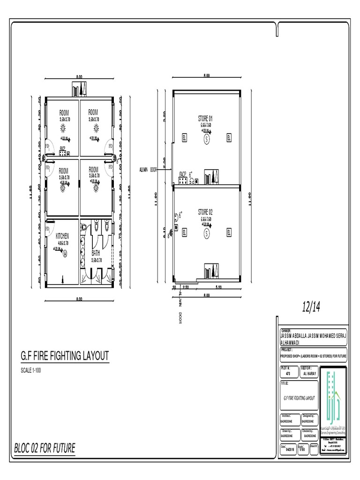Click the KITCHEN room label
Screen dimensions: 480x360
point(62,236)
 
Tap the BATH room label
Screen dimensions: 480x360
point(96,253)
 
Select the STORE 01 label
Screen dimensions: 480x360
point(205,118)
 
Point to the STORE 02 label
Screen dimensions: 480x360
point(205,212)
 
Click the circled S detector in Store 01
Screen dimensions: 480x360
point(206,139)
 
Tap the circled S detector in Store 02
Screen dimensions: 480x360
point(206,232)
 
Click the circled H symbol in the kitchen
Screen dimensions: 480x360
point(65,254)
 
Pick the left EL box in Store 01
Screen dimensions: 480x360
point(184,138)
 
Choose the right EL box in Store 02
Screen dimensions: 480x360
point(229,232)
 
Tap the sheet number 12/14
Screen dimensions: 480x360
point(311,307)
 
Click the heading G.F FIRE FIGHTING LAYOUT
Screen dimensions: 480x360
point(65,356)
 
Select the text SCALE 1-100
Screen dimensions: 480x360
point(34,371)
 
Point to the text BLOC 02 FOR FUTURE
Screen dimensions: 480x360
point(45,448)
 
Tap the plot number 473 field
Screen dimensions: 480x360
point(288,374)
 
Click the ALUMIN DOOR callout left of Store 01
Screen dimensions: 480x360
point(148,170)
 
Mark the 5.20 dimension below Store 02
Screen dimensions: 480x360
point(218,287)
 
